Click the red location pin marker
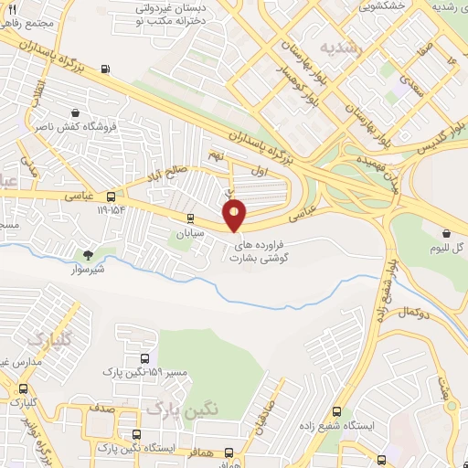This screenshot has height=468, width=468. [235, 216]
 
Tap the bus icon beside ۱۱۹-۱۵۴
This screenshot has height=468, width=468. [112, 197]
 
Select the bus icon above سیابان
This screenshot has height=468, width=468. [190, 218]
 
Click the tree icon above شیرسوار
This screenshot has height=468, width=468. [89, 255]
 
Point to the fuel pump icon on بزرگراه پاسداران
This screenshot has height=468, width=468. [107, 68]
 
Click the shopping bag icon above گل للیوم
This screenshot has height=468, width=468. [445, 233]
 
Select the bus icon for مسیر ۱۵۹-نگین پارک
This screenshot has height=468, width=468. [144, 358]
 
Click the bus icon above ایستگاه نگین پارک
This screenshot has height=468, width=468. [137, 434]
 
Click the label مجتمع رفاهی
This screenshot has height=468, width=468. [28, 20]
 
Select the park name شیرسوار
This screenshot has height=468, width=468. [89, 270]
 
